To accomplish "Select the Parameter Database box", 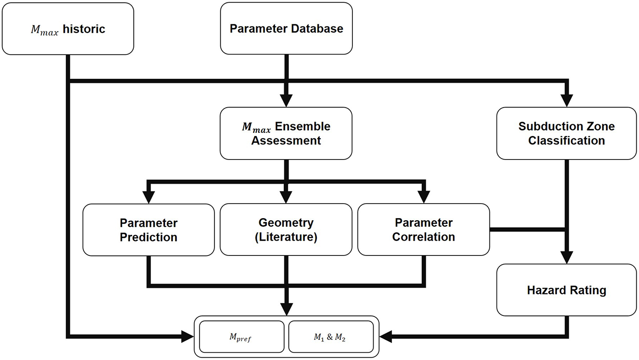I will [287, 29].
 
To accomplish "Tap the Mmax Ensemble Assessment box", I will [286, 133].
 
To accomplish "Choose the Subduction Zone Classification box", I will [566, 133].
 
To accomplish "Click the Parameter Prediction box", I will [148, 230].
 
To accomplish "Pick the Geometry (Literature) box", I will [286, 230].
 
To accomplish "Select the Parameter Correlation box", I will [424, 230].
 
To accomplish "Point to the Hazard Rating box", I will [566, 290].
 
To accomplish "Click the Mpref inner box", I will [242, 337].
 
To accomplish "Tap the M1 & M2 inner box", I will [331, 337].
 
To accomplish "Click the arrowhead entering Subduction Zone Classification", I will [566, 101].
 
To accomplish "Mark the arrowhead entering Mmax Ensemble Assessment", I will [286, 101].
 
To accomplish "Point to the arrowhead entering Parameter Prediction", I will [148, 197].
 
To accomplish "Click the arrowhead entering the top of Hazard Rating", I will [566, 258].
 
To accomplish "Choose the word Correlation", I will [424, 237].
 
